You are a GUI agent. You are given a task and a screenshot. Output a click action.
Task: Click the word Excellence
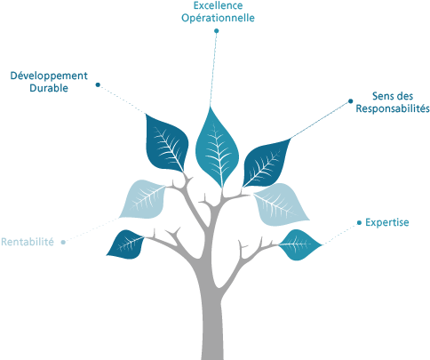click(x=218, y=5)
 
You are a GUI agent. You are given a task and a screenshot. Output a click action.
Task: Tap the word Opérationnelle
click(x=218, y=18)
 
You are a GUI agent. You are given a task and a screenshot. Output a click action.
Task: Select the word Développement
click(x=49, y=76)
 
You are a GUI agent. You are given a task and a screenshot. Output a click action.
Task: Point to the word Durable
click(x=49, y=88)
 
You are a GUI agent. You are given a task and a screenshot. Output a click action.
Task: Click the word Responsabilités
click(x=393, y=108)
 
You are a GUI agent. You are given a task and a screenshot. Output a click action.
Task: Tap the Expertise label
click(x=387, y=222)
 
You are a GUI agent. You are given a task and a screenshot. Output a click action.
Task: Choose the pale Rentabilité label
click(x=28, y=242)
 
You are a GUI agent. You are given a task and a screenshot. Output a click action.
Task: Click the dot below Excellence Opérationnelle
click(x=217, y=31)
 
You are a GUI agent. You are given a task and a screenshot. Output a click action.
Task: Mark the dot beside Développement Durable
click(x=98, y=85)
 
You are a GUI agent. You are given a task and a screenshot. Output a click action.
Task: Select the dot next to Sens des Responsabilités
click(x=351, y=101)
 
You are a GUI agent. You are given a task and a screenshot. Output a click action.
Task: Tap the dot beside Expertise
click(x=359, y=222)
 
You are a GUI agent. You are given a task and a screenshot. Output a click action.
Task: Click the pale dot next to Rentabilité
click(x=63, y=242)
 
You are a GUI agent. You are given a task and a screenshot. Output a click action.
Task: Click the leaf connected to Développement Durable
click(x=166, y=143)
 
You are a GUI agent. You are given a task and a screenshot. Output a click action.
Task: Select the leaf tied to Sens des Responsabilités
click(x=266, y=164)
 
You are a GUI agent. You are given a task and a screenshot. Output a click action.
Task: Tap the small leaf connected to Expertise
click(x=299, y=244)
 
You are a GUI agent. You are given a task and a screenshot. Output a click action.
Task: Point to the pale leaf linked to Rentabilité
click(x=143, y=199)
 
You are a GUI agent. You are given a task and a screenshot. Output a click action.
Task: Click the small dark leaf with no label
click(x=125, y=244)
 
